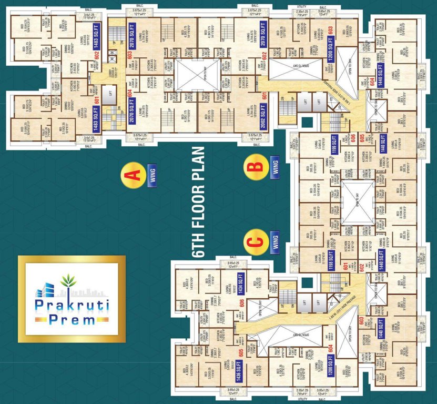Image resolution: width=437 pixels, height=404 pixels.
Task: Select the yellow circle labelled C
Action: pos(255,242)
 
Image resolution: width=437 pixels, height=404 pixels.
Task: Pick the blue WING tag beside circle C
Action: pos(274,242)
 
